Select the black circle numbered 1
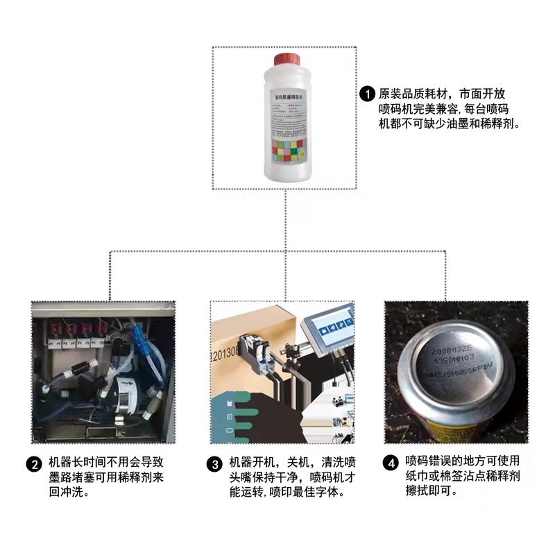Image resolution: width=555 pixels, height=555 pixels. coord(367,94)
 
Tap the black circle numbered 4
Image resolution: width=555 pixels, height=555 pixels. coord(392,463)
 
